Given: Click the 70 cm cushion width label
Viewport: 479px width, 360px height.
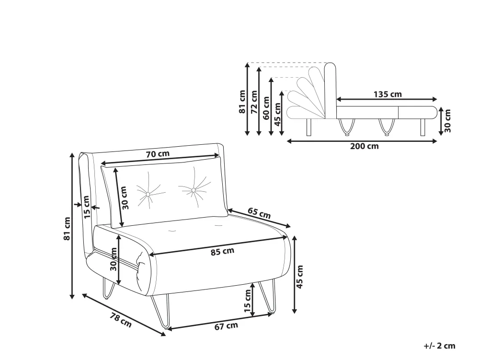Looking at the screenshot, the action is point(157,153).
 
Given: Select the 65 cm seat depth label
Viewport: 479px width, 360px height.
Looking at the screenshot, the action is point(259,213).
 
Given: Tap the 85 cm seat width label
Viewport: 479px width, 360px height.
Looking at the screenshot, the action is point(222,252).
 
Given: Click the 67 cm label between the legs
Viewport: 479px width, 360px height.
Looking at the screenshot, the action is point(226,326).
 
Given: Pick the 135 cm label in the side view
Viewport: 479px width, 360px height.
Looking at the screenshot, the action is point(388,94).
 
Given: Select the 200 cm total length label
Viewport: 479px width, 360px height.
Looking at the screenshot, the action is point(364,146).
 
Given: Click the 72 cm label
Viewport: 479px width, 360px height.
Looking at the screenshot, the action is point(254,102).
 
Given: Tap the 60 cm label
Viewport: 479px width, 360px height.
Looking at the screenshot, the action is point(266,108).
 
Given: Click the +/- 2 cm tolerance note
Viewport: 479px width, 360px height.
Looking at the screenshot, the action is point(440,346).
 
